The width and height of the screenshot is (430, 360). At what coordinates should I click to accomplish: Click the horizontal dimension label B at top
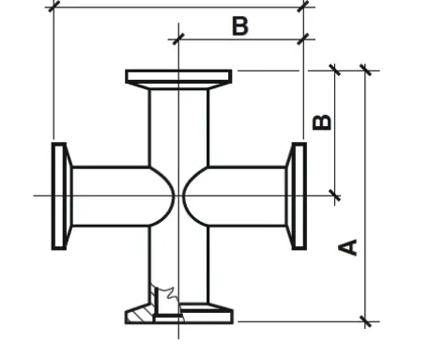(x=240, y=26)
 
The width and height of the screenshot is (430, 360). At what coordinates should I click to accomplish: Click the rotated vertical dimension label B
(x=322, y=122)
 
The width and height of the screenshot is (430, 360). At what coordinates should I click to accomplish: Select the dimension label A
(x=348, y=247)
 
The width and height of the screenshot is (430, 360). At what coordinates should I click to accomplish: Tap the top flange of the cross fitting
(x=178, y=76)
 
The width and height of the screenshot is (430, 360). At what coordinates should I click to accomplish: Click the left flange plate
(x=59, y=196)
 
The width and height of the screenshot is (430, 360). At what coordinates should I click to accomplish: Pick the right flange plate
(x=299, y=196)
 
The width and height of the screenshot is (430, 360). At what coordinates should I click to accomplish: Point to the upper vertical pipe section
(x=178, y=128)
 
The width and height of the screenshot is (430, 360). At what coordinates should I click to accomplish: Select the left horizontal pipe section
(x=111, y=196)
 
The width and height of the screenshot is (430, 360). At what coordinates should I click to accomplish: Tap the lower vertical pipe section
(x=178, y=265)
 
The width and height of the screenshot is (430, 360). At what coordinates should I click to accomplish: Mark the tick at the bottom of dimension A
(x=365, y=321)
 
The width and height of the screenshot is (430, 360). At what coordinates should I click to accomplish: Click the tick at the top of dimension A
(x=365, y=70)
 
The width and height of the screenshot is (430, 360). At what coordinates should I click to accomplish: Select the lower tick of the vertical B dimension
(x=335, y=196)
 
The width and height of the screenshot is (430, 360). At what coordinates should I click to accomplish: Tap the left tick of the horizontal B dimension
(x=178, y=39)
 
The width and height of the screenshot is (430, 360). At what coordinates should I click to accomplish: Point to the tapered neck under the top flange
(x=178, y=86)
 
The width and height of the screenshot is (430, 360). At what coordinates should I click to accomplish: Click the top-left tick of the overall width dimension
(x=54, y=7)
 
